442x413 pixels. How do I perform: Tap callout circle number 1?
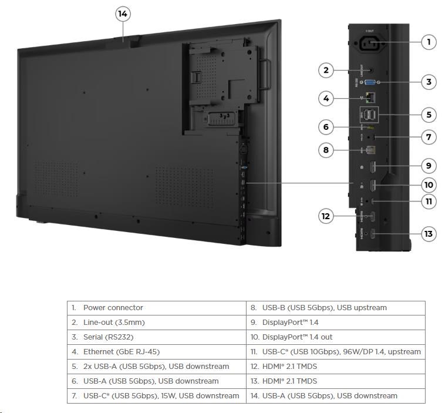click(x=429, y=42)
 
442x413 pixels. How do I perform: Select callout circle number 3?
click(x=429, y=82)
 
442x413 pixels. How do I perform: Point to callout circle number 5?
click(x=429, y=115)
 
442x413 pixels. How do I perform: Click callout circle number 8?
click(x=326, y=150)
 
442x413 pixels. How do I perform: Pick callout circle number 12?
click(x=326, y=216)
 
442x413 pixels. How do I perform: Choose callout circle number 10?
click(x=429, y=184)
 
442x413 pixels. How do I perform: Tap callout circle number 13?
click(x=429, y=234)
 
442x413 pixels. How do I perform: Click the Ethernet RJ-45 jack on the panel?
click(x=370, y=98)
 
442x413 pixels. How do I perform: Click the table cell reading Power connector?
click(x=156, y=308)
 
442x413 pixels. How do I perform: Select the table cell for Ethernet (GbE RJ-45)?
click(x=156, y=352)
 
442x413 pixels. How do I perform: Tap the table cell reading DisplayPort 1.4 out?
click(x=335, y=337)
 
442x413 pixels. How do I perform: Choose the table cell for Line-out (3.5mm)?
click(x=156, y=323)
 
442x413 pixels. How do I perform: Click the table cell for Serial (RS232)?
click(x=156, y=337)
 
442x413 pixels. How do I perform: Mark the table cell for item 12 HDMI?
click(x=335, y=367)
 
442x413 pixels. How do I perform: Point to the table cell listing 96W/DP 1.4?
click(x=335, y=352)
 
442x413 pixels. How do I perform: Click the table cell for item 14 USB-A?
click(x=335, y=396)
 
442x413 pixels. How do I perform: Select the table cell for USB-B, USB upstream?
click(x=335, y=308)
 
